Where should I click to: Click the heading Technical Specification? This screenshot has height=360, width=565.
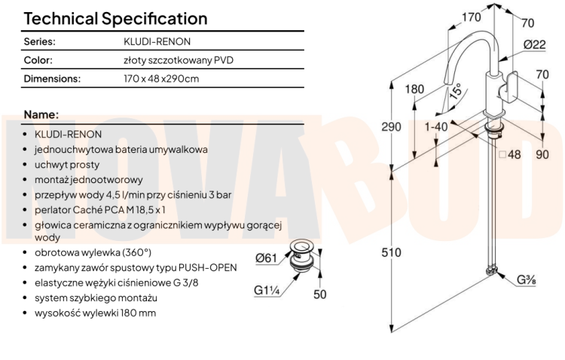click(x=116, y=19)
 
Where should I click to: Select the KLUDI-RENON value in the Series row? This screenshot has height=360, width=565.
click(x=157, y=42)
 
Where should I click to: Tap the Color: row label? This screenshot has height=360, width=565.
click(x=38, y=60)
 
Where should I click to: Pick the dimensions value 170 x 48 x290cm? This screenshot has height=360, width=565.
click(x=161, y=78)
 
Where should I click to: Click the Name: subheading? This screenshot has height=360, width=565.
click(x=41, y=114)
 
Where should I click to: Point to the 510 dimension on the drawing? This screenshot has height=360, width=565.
click(x=391, y=252)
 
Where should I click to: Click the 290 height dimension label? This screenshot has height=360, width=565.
click(x=391, y=127)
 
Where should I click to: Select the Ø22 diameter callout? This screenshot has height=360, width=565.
click(x=535, y=44)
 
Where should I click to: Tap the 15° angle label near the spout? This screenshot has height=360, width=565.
click(x=456, y=91)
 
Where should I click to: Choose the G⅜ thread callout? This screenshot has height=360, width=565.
click(x=527, y=279)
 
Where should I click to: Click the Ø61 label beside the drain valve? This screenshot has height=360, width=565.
click(x=266, y=258)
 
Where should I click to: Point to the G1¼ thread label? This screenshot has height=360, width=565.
click(x=267, y=290)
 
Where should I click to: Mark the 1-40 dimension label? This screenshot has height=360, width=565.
click(x=436, y=127)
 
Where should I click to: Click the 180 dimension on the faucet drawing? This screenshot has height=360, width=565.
click(x=414, y=89)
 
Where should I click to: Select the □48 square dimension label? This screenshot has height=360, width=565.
click(x=510, y=154)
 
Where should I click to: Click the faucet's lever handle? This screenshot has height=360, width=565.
click(x=508, y=87)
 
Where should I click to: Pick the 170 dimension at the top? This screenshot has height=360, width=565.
click(x=472, y=17)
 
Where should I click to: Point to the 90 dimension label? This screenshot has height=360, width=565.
click(x=542, y=154)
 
